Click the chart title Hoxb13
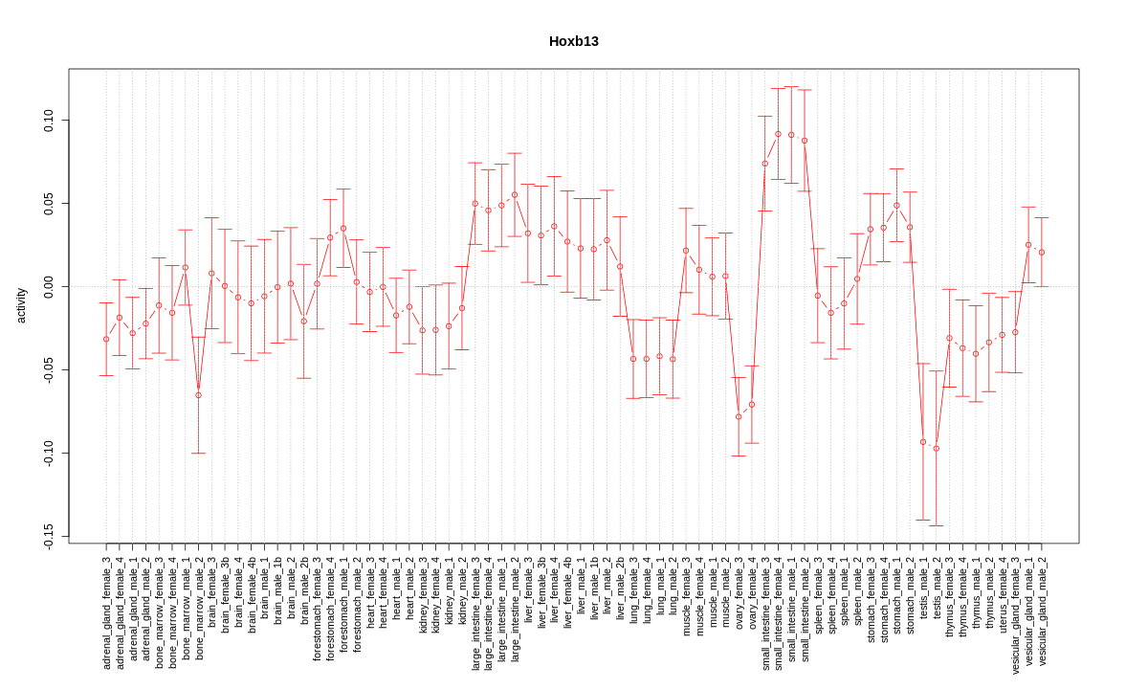[x=573, y=41]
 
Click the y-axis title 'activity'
[x=21, y=305]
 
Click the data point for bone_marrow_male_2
[x=198, y=395]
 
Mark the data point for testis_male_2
[x=937, y=448]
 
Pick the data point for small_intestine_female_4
[x=778, y=134]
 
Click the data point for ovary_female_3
[x=739, y=416]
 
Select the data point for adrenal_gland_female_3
[x=106, y=339]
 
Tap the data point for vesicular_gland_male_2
[x=1042, y=253]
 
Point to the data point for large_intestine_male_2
[x=515, y=194]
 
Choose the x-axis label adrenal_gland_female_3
[x=106, y=611]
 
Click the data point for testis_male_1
[x=923, y=442]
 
